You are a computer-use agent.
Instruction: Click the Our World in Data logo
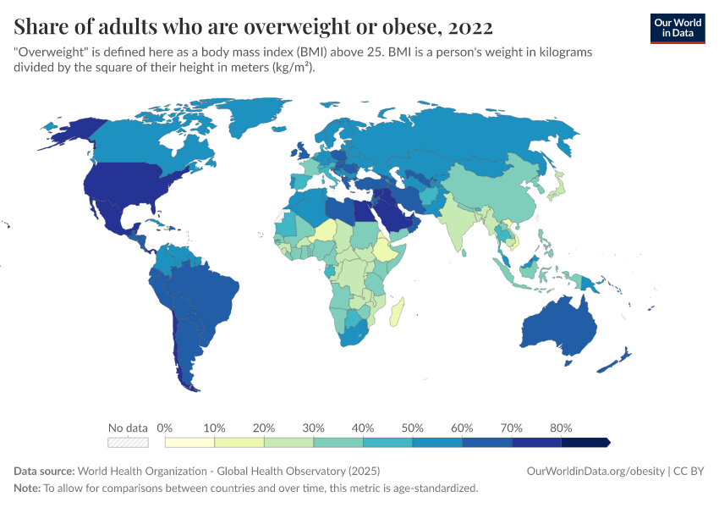point(677,28)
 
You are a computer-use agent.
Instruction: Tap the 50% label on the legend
point(412,428)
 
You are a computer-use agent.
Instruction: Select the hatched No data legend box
point(128,442)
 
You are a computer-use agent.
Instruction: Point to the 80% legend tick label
point(560,428)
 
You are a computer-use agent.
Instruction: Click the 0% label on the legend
point(165,428)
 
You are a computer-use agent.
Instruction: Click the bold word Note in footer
point(26,488)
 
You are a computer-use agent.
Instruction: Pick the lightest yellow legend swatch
point(189,442)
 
